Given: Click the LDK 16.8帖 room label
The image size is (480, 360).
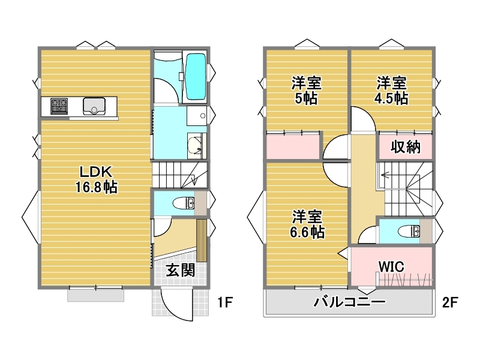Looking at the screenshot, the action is tap(96, 179).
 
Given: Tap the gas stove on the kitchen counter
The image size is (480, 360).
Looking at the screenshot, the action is tap(59, 106).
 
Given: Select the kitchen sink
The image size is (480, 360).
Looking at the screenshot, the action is tap(94, 106).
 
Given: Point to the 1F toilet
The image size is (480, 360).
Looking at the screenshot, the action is tap(184, 203).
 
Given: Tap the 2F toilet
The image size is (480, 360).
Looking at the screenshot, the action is tap(409, 231).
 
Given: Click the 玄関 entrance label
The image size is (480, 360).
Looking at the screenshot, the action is tap(181, 271).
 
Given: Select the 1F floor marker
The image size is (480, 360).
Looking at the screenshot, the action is tap(225, 303).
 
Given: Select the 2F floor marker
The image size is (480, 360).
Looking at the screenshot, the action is tap(449, 302).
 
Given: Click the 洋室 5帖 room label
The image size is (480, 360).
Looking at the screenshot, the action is tap(306, 91).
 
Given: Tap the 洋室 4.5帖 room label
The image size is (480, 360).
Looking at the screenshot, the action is tap(391, 91).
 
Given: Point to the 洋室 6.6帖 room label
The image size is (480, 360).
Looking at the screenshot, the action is tap(307, 224).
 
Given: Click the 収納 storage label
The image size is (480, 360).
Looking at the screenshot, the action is tap(406, 147).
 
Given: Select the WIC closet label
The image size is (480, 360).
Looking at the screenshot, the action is tap(391, 266).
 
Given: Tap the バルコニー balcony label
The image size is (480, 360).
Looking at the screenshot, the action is tap(349, 302).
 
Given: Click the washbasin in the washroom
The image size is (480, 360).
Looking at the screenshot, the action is tap(194, 146).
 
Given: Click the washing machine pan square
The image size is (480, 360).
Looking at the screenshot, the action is tap(197, 115).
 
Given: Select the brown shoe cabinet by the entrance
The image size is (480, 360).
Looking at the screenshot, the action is tap(202, 240).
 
